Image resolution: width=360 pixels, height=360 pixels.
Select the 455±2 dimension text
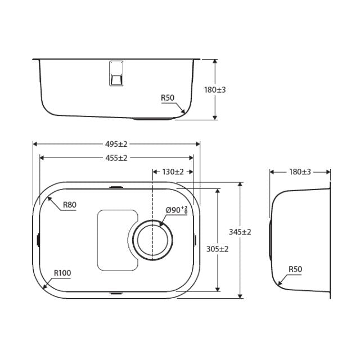[116, 158]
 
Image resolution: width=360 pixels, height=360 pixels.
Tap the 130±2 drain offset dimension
[173, 172]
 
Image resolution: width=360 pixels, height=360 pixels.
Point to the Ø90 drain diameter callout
[176, 210]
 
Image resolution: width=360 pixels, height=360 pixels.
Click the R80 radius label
[69, 205]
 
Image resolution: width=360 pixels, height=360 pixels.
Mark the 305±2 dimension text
[217, 249]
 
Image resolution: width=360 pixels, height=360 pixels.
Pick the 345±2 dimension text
[240, 231]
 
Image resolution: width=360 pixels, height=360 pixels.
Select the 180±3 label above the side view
[300, 172]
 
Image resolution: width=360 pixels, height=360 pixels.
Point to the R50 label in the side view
[295, 269]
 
